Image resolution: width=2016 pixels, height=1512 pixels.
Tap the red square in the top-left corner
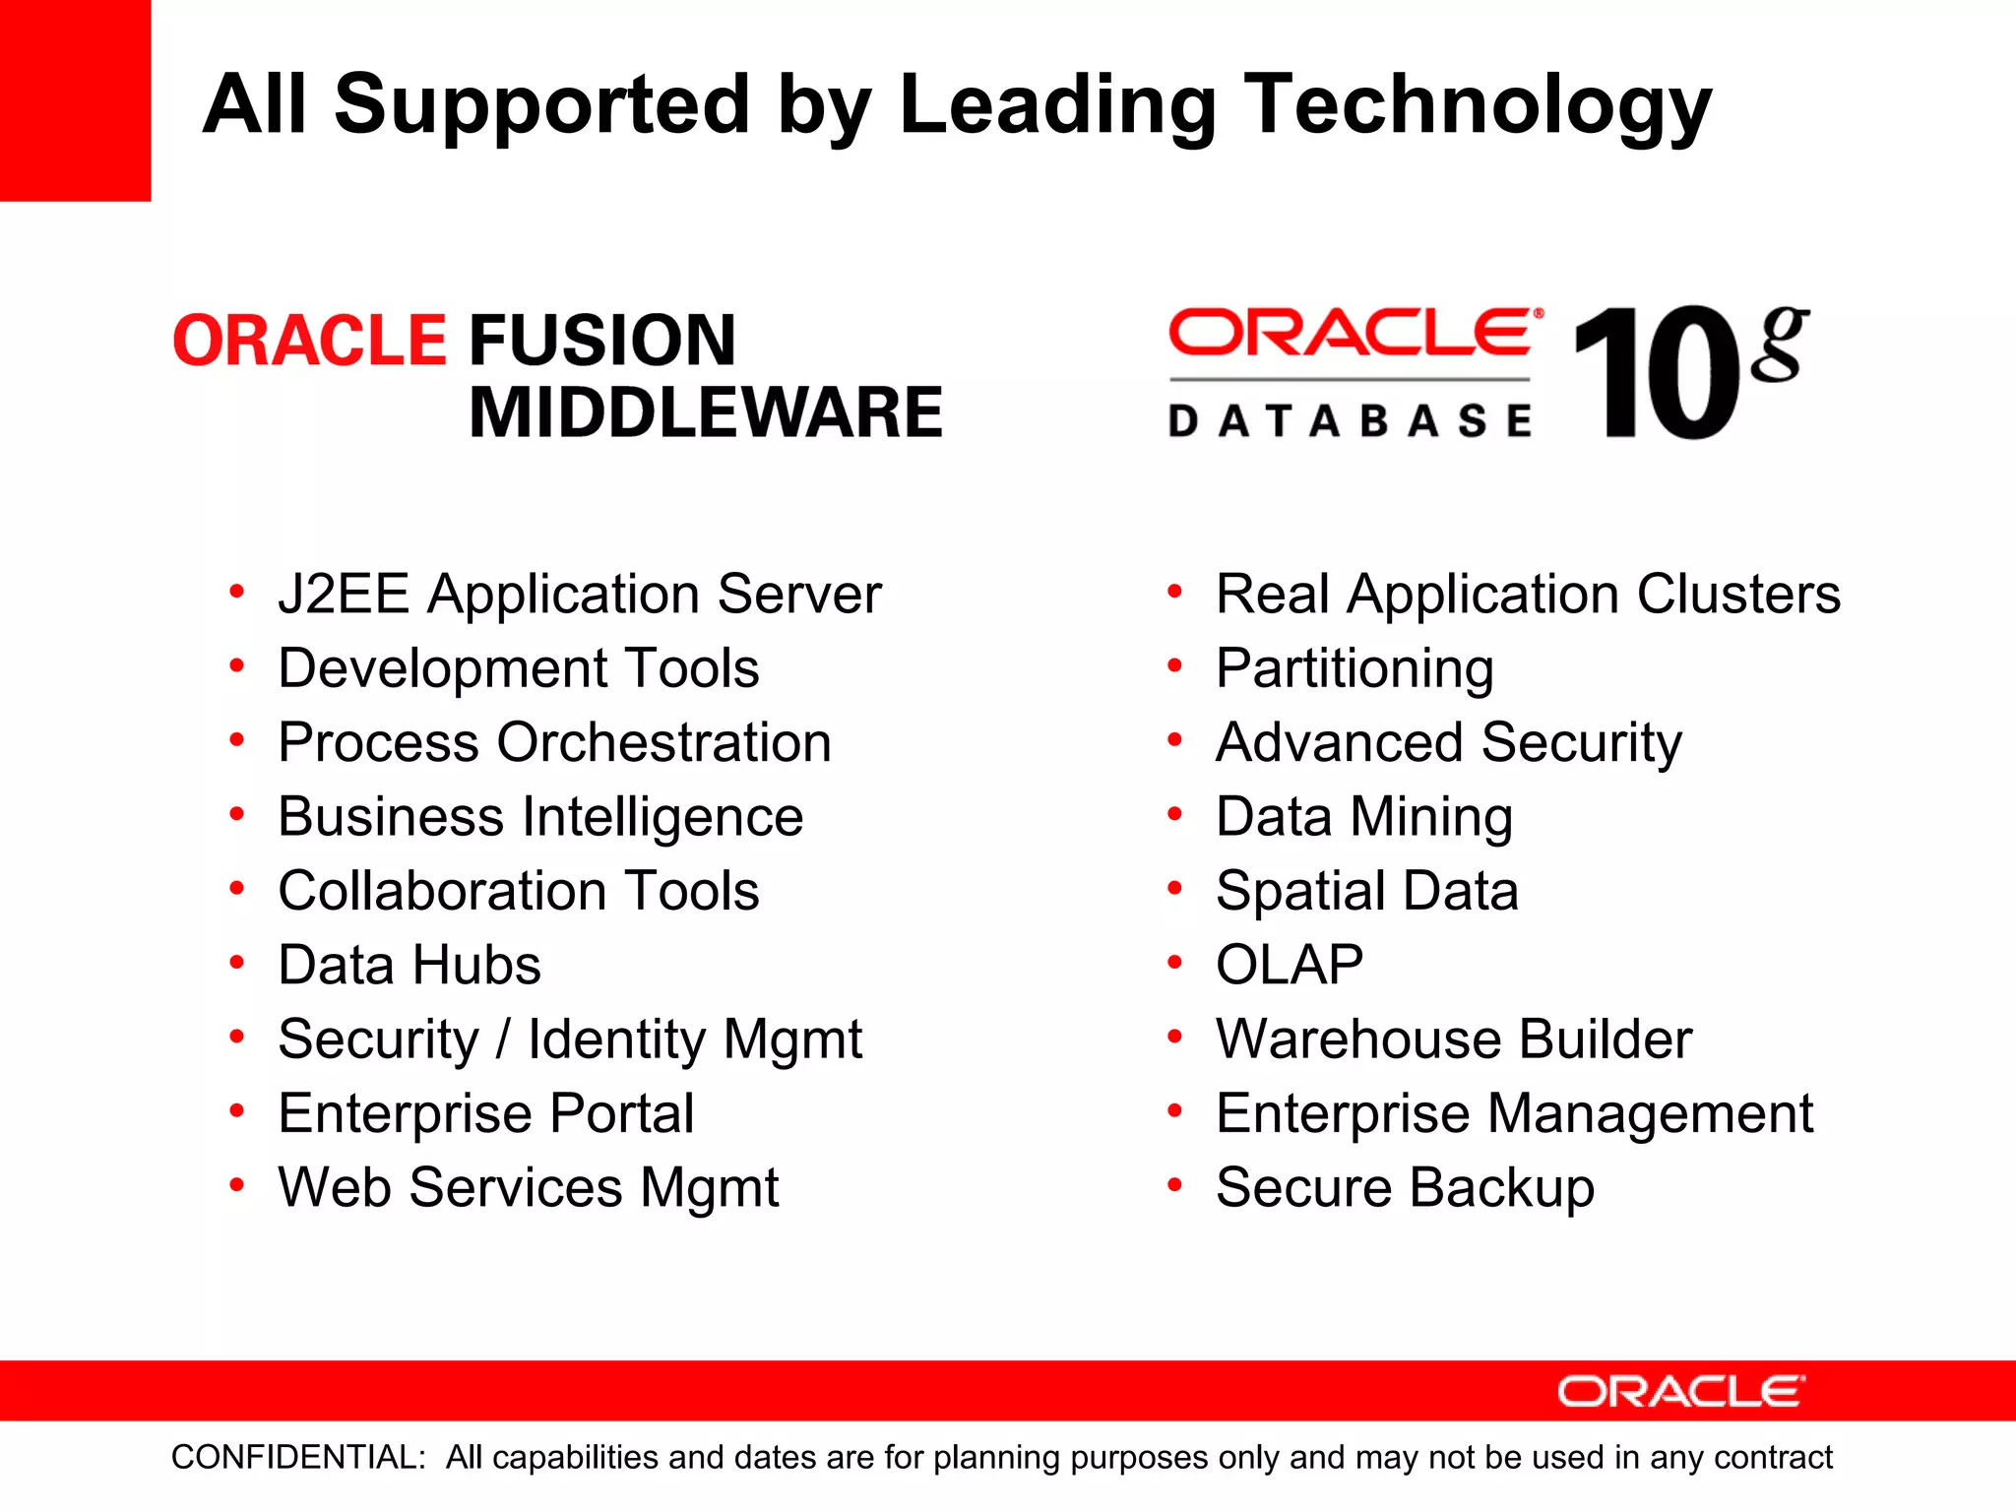coord(75,99)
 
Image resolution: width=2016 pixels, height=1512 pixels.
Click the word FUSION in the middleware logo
coord(602,341)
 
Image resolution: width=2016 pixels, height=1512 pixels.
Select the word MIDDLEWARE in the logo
coord(706,412)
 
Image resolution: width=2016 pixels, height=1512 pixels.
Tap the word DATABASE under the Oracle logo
coord(1350,421)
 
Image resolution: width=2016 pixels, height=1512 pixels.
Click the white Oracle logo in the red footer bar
coord(1680,1391)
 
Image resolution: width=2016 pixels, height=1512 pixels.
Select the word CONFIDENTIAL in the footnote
coord(298,1457)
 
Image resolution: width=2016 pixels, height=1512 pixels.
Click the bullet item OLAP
coord(1290,965)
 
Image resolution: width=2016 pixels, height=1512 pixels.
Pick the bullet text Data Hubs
coord(409,965)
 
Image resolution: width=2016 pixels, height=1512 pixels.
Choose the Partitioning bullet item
coord(1354,669)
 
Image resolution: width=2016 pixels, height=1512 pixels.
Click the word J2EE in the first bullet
coord(343,595)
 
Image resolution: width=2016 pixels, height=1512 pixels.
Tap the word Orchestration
coord(664,742)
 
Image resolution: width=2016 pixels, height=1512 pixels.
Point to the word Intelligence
coord(662,817)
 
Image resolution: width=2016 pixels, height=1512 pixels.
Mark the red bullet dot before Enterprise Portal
coord(236,1110)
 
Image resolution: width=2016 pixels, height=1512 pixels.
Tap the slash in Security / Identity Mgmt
coord(503,1039)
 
